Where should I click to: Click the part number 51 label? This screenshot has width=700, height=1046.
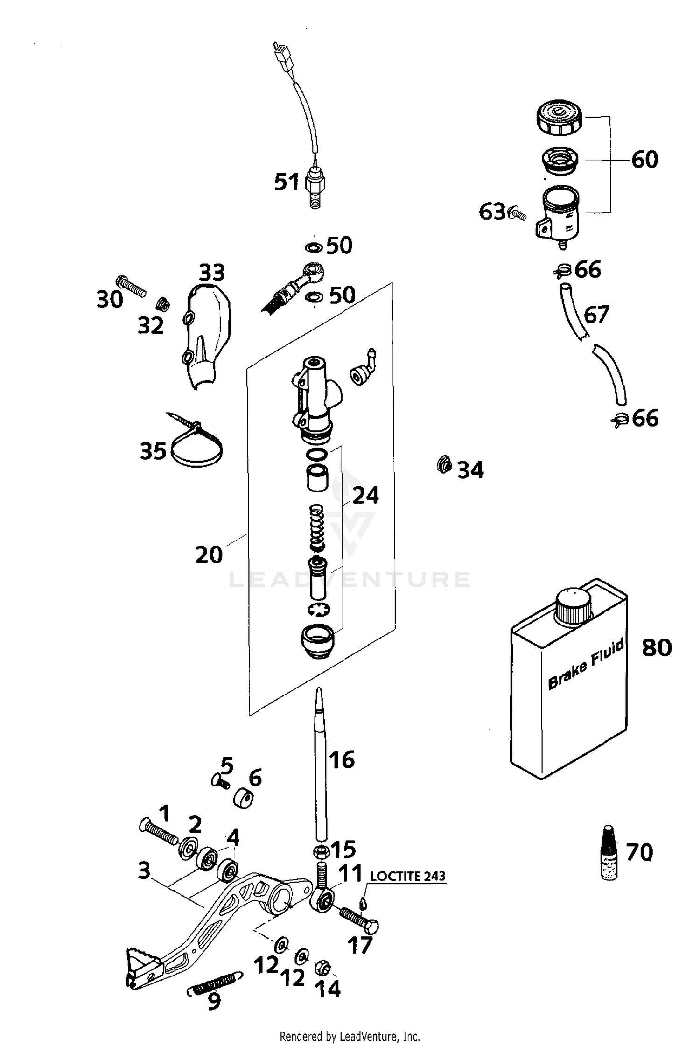click(x=286, y=182)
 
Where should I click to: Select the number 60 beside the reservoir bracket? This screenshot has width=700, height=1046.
click(x=644, y=160)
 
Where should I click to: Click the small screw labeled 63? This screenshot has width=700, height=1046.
click(x=517, y=214)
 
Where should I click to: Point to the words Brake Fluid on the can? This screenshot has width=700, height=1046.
click(x=586, y=665)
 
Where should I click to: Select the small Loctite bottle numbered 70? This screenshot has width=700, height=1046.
click(x=608, y=853)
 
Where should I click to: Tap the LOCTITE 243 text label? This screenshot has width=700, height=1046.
click(x=407, y=876)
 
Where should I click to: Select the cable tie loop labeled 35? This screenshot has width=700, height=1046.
click(x=196, y=446)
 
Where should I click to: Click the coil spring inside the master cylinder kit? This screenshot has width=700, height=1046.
click(x=317, y=527)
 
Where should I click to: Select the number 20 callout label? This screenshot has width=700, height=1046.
click(x=208, y=555)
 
